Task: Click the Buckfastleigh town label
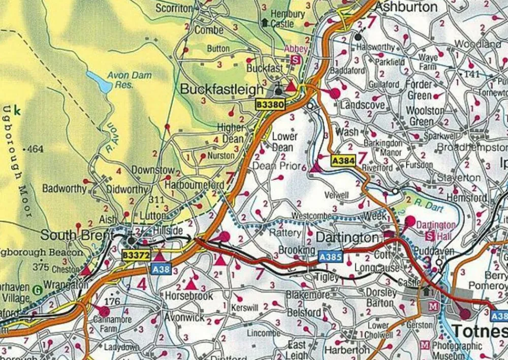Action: click(x=222, y=90)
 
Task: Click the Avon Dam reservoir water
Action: click(x=100, y=81)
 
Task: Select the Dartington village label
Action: click(x=347, y=238)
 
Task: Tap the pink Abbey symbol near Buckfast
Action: click(x=295, y=59)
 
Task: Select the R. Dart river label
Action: click(x=427, y=206)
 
